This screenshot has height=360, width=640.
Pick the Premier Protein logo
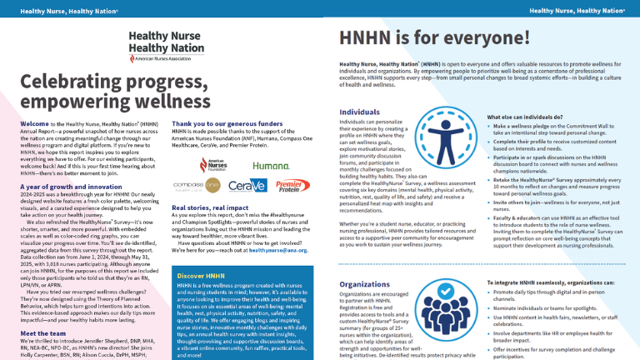(289, 207)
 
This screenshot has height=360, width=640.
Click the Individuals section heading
(360, 111)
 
